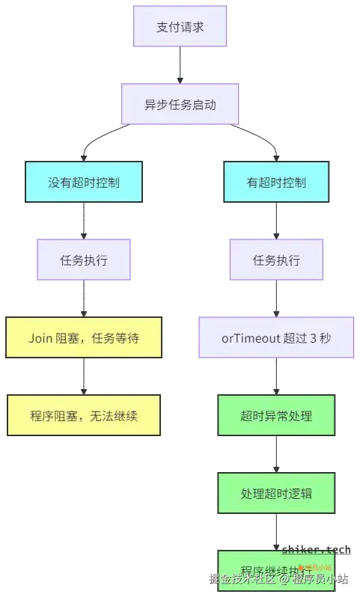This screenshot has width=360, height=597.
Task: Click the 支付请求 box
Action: pyautogui.click(x=180, y=26)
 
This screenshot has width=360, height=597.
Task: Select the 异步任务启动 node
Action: pyautogui.click(x=180, y=104)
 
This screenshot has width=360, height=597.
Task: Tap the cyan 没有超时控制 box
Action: pyautogui.click(x=84, y=182)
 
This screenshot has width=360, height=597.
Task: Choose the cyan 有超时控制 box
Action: pyautogui.click(x=276, y=182)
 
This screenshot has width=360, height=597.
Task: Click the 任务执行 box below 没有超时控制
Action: pyautogui.click(x=84, y=260)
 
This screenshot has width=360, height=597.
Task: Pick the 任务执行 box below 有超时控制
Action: pyautogui.click(x=276, y=260)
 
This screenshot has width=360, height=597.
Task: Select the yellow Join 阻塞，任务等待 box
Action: pyautogui.click(x=84, y=337)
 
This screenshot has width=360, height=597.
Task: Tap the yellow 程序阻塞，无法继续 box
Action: pyautogui.click(x=84, y=415)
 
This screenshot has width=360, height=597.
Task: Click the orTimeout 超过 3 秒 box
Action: pyautogui.click(x=276, y=337)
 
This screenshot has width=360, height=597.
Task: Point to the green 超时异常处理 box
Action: pyautogui.click(x=276, y=415)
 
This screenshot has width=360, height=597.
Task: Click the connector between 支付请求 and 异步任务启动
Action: pyautogui.click(x=180, y=65)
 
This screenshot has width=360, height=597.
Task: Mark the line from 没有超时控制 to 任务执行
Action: pyautogui.click(x=84, y=221)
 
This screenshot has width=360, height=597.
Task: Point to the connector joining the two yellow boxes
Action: pyautogui.click(x=84, y=376)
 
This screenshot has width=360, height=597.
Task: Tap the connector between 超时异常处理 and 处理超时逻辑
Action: pyautogui.click(x=276, y=454)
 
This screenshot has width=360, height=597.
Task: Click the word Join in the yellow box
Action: pyautogui.click(x=40, y=337)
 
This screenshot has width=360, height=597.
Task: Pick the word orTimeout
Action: pyautogui.click(x=248, y=337)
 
